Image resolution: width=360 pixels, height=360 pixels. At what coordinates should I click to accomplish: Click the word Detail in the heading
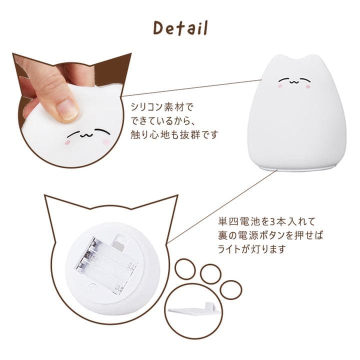click(180, 28)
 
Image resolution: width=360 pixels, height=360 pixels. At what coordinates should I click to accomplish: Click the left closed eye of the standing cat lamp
click(285, 79)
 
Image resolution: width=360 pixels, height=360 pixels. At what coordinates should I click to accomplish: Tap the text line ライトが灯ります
click(247, 248)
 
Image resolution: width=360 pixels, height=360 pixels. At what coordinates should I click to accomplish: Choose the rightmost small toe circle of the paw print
click(230, 289)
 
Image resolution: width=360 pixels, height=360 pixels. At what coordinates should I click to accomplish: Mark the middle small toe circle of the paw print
click(210, 273)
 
